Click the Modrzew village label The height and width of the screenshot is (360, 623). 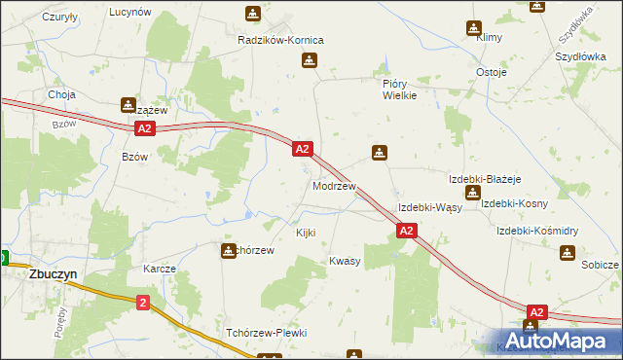[334, 185]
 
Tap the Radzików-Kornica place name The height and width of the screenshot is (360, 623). [280, 40]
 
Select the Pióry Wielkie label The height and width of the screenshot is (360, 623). [399, 90]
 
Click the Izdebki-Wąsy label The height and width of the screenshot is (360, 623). [429, 208]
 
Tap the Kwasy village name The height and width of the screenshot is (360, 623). [345, 261]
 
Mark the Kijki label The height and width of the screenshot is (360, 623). [306, 234]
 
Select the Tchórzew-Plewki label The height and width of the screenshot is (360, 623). [266, 333]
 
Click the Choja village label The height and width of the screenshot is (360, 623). [62, 95]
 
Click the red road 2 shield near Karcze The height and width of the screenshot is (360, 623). [143, 305]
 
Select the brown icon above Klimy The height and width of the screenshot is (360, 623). [474, 29]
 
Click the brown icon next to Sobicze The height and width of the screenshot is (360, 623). [568, 253]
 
